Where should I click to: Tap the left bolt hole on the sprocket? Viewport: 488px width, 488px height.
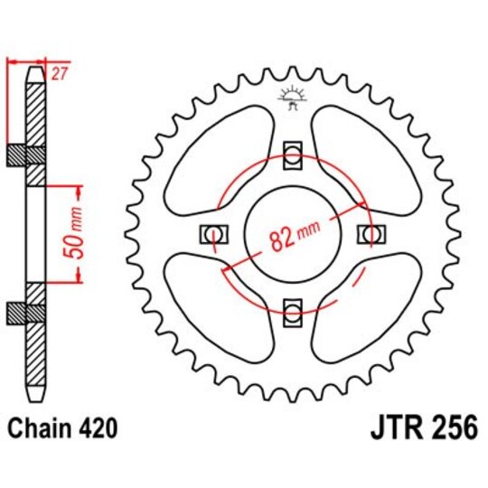[213, 234]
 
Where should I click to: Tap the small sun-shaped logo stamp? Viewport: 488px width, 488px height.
[291, 94]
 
